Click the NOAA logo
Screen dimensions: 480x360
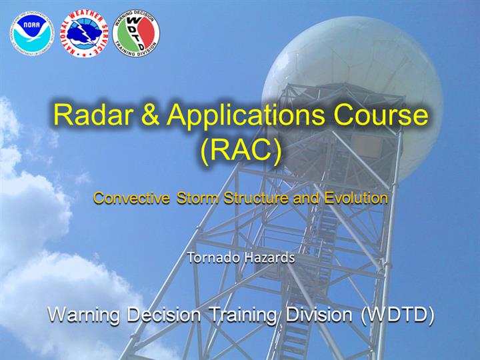32,34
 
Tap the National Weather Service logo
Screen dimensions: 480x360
84,33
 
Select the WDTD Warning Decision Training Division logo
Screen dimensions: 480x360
136,33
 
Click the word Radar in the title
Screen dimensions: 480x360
94,115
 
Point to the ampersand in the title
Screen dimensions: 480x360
150,115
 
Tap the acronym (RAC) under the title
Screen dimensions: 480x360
241,150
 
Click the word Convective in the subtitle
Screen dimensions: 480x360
131,198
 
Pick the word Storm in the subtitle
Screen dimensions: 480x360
197,198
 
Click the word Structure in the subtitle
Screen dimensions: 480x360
256,198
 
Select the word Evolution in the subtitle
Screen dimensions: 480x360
356,198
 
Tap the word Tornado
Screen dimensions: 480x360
213,257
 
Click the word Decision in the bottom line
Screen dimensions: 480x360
164,314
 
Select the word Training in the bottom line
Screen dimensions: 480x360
244,315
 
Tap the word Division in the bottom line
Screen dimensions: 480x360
319,314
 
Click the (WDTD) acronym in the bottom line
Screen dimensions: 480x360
397,315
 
